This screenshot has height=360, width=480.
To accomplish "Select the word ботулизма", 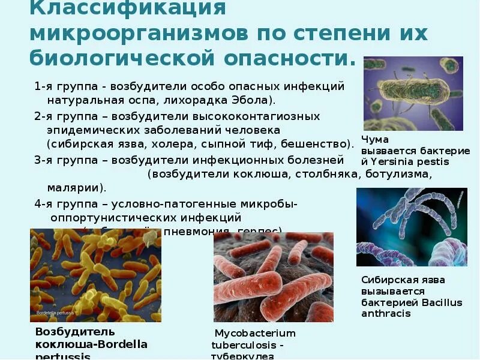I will [401, 174].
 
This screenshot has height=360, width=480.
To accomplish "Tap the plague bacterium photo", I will [413, 93].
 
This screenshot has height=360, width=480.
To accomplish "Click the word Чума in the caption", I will [375, 140].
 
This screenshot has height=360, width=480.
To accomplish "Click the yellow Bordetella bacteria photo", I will [95, 275].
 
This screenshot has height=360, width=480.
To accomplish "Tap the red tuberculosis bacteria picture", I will [273, 277].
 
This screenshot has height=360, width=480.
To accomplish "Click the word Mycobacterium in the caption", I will [256, 333].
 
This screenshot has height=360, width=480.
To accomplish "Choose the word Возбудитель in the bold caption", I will [75, 331].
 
